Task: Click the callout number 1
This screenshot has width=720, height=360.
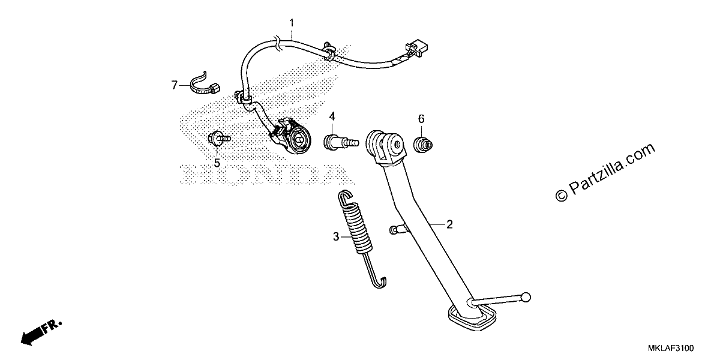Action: [x=292, y=23]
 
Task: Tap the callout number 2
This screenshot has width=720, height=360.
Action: [x=449, y=224]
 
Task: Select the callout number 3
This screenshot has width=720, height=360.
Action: [x=336, y=237]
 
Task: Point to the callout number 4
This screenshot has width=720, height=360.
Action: [x=332, y=116]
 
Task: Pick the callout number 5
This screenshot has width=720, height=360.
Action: [x=217, y=163]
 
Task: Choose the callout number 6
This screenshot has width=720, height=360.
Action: [x=421, y=119]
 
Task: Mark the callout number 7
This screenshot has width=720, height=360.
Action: [x=174, y=85]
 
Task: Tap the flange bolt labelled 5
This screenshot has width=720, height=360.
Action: [x=219, y=139]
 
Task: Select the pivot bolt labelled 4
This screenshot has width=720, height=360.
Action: [x=340, y=142]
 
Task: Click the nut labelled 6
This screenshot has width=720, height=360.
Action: [x=422, y=145]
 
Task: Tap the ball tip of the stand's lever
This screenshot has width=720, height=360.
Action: [x=526, y=298]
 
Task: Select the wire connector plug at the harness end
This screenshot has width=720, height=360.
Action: [x=417, y=49]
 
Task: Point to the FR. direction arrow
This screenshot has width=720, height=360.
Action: [x=41, y=332]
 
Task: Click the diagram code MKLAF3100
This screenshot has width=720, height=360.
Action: [x=671, y=348]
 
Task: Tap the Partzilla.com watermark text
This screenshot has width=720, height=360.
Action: [x=605, y=172]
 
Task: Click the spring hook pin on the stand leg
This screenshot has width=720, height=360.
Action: [x=398, y=229]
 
